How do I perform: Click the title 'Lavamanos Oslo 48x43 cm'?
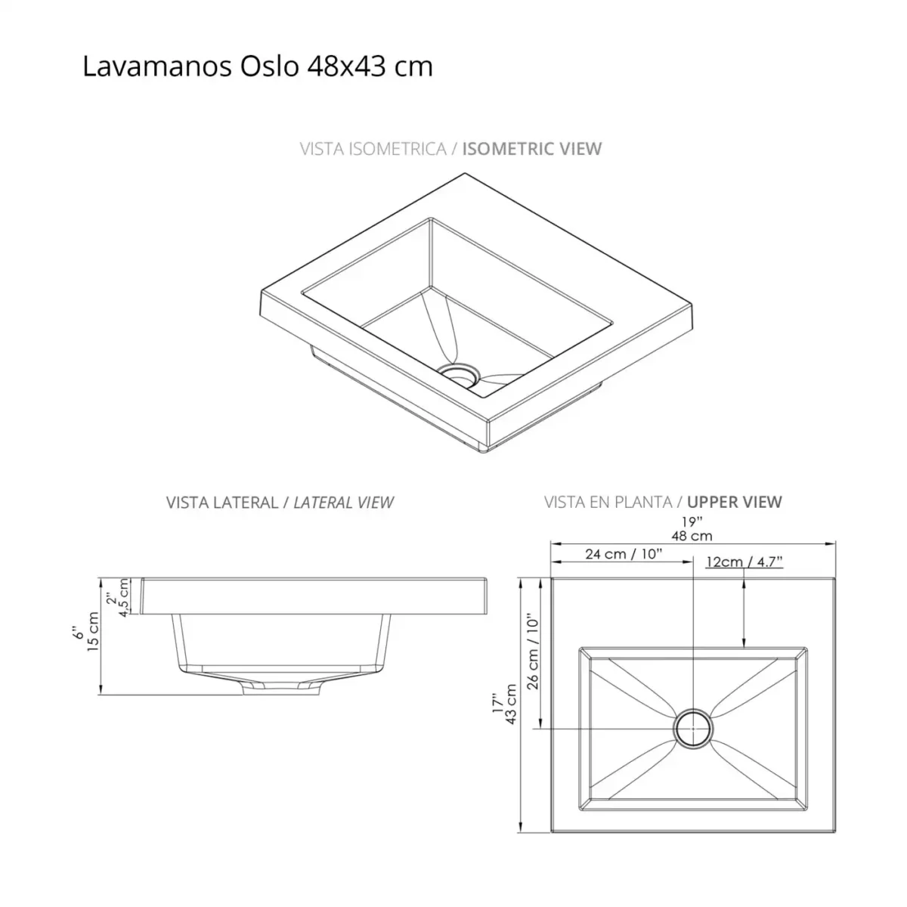(257, 67)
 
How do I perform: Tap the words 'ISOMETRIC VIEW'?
(531, 148)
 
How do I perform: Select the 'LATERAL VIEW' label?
(343, 502)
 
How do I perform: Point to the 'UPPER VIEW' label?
(734, 502)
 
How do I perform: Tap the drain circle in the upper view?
(693, 729)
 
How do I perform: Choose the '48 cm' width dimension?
(692, 536)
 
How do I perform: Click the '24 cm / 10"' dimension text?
(624, 554)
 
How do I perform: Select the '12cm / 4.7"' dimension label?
(744, 562)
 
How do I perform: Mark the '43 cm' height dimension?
(511, 704)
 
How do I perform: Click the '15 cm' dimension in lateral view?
(94, 633)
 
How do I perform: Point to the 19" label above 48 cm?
(692, 522)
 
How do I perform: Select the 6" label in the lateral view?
(78, 631)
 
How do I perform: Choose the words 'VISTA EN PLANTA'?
(608, 502)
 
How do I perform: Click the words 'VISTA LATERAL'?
(222, 502)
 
